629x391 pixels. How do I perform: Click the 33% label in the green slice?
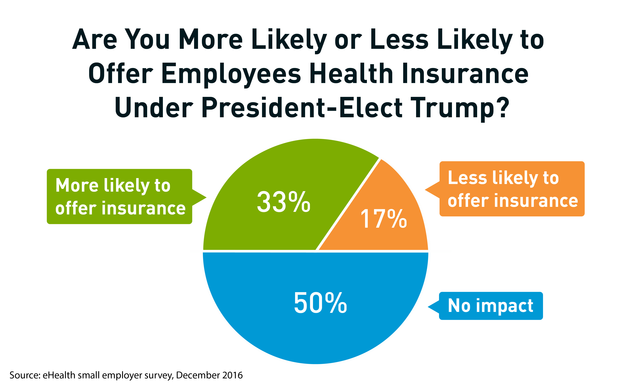pos(284,202)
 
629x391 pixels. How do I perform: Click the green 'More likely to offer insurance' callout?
pos(120,196)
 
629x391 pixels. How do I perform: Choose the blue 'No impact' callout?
pos(491,306)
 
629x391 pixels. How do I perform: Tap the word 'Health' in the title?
pos(351,74)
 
